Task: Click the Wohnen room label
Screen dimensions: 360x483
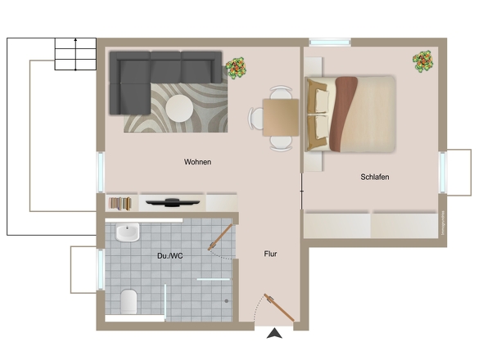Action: (x=197, y=162)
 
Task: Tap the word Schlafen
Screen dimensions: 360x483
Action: (x=374, y=177)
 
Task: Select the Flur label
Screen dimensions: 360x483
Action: (x=270, y=254)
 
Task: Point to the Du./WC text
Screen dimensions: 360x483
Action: (x=170, y=256)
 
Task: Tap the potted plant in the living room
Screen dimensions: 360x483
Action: (x=237, y=67)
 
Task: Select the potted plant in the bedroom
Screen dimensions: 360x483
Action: (x=423, y=60)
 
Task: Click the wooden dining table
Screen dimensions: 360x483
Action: (x=280, y=116)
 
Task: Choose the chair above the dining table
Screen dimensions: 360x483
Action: (x=280, y=92)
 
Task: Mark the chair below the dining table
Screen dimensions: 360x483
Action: (x=280, y=142)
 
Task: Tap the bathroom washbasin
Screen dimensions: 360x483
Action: (x=128, y=234)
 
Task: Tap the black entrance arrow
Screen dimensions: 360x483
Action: (x=274, y=332)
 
